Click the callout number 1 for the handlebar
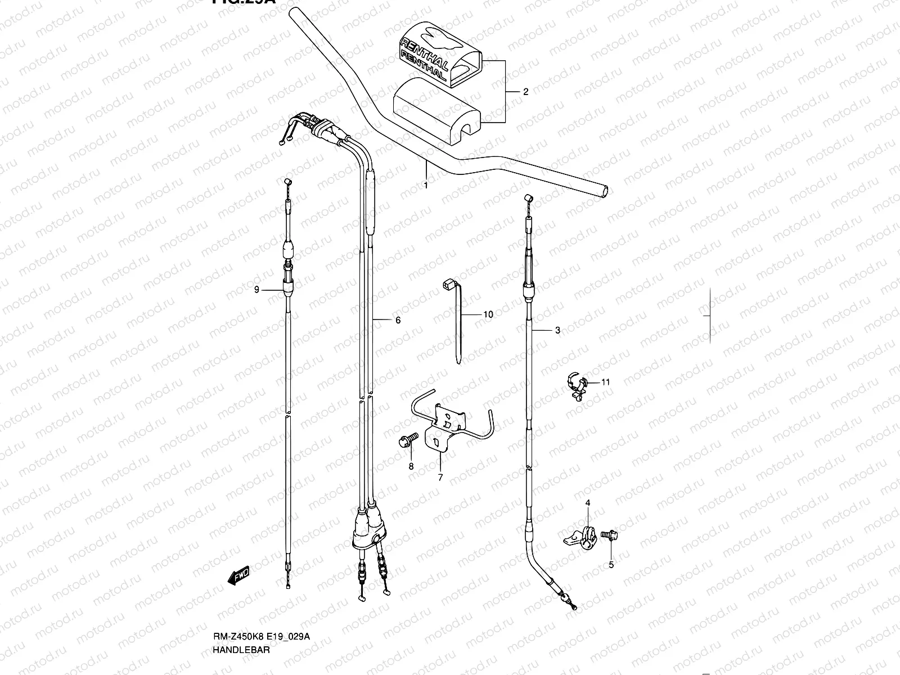426,185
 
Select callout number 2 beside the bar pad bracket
526,92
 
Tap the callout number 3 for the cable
557,331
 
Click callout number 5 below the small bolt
611,565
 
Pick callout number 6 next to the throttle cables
398,320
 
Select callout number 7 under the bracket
440,478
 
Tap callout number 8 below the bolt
411,466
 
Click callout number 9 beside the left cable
256,290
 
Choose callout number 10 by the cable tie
488,314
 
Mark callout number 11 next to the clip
605,382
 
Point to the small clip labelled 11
577,387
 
